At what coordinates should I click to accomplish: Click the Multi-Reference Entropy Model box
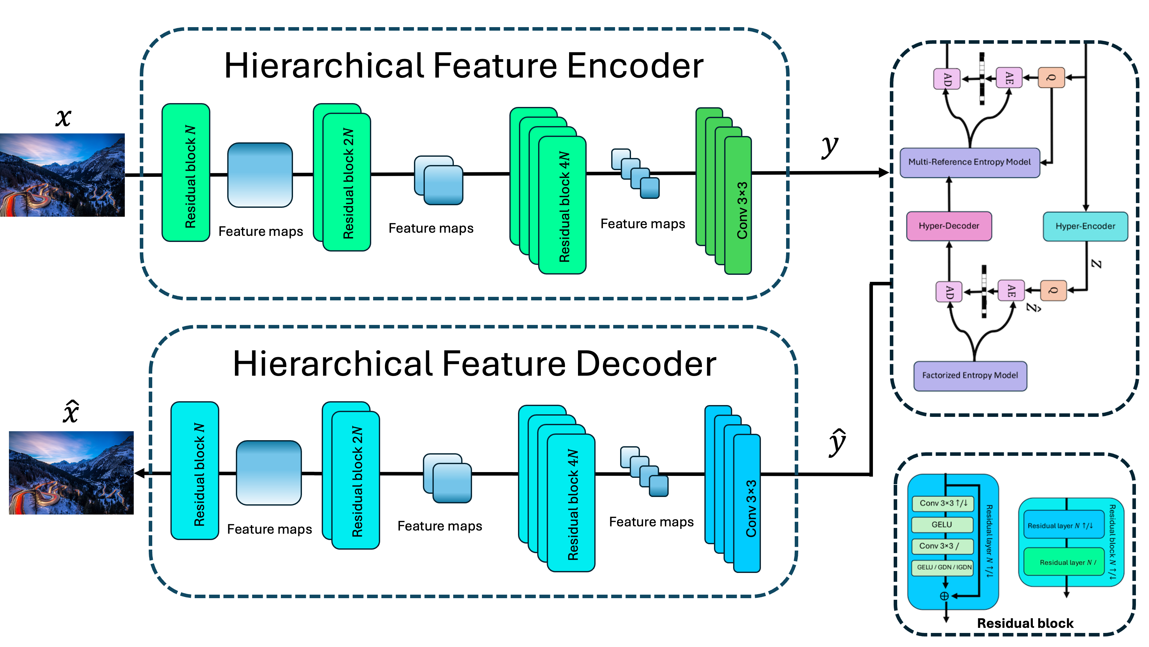click(969, 162)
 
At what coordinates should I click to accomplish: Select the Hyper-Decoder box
click(949, 226)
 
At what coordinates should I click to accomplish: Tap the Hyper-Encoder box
click(1085, 226)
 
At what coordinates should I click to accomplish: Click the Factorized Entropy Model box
click(970, 376)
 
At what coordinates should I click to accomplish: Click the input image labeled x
click(63, 175)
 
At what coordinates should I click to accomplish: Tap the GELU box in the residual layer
click(942, 525)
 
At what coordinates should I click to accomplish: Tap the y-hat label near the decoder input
click(837, 443)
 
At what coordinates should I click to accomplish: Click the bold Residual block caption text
click(1025, 623)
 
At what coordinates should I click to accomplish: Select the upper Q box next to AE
click(1051, 78)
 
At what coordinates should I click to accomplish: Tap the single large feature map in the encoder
click(260, 175)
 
